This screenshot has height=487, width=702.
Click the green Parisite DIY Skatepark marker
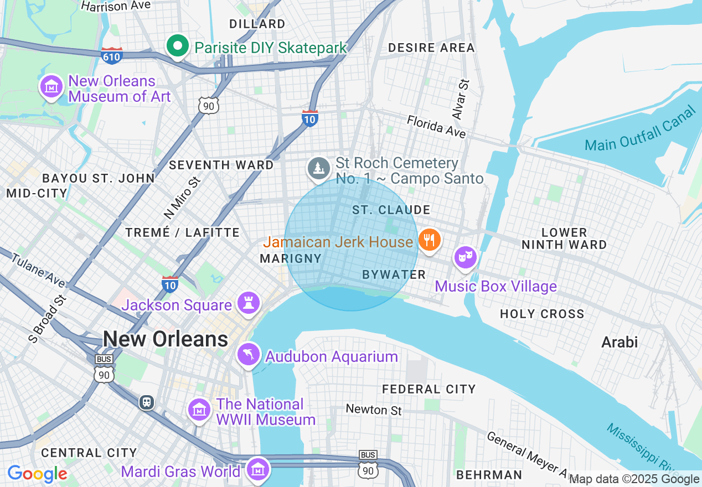coord(178,47)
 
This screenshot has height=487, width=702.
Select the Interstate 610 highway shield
coord(112,55)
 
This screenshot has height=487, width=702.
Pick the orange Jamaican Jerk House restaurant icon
coord(429,240)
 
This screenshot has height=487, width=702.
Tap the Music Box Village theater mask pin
coord(466,257)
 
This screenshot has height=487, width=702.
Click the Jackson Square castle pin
coord(249,303)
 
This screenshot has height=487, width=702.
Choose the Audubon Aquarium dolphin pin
coord(249,355)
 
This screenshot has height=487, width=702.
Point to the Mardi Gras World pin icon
coord(257,469)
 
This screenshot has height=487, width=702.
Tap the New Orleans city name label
coord(166,339)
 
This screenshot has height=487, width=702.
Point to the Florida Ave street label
coord(436,127)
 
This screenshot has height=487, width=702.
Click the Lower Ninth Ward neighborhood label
coord(564,239)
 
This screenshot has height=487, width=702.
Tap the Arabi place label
coord(620,342)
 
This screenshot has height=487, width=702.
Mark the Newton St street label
coord(374,410)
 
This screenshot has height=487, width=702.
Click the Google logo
coord(38,474)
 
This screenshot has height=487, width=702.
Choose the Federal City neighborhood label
coord(429,389)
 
